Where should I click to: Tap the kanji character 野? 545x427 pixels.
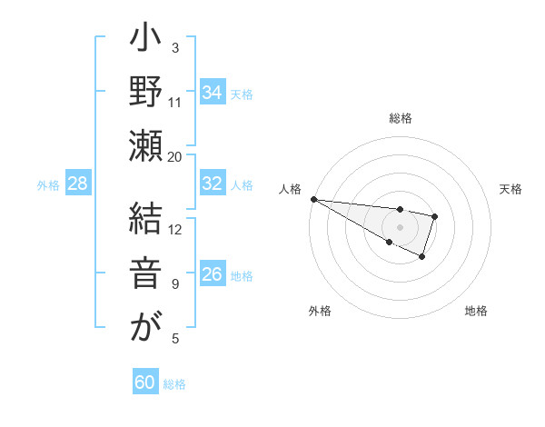[x=145, y=93]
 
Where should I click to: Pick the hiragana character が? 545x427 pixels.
[x=145, y=325]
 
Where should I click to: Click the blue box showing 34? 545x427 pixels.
[x=212, y=93]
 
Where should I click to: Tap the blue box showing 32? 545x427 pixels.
[x=212, y=184]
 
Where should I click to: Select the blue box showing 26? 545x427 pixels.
[x=212, y=274]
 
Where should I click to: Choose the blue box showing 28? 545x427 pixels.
[x=78, y=184]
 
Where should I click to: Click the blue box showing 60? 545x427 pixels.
[x=145, y=382]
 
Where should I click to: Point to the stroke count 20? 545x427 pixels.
[x=174, y=156]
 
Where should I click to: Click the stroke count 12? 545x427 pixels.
[x=175, y=229]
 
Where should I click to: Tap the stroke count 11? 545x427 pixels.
[x=175, y=102]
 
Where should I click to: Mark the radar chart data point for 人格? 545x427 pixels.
[x=312, y=199]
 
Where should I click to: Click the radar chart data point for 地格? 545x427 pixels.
[x=422, y=258]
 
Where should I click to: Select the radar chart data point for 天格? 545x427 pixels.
[x=435, y=216]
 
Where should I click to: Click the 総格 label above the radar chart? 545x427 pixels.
[x=401, y=118]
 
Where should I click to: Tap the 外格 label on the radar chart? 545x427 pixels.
[x=320, y=311]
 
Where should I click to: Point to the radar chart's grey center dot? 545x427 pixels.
[x=400, y=226]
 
